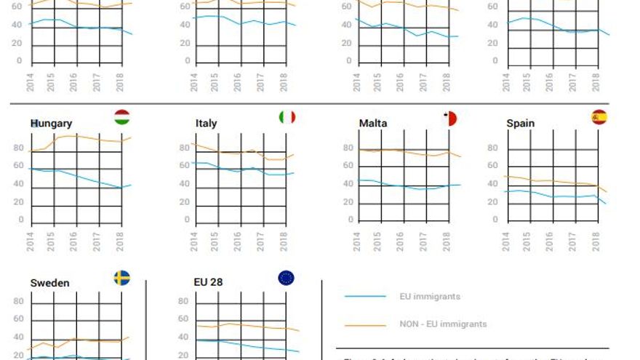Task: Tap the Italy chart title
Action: point(206,124)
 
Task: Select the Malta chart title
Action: point(373,124)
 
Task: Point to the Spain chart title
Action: point(521,124)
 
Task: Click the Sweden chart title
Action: point(49,283)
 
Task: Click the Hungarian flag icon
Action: point(122,117)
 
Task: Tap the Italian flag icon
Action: point(287,117)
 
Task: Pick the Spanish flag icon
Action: point(599,117)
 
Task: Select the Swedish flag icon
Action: point(122,277)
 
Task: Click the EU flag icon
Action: point(287,277)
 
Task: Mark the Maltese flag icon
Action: point(449,118)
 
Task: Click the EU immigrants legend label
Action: point(430,297)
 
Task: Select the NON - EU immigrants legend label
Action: point(443,324)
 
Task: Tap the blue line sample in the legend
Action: point(365,297)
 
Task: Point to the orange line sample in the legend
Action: point(365,324)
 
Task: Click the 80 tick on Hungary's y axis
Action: point(18,148)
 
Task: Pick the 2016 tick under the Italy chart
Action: point(237,241)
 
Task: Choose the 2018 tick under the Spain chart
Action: point(595,241)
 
